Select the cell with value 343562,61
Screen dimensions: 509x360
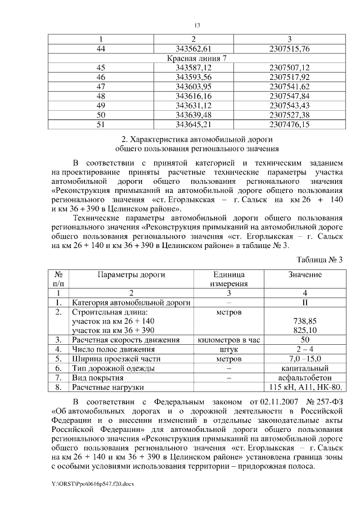click(193, 49)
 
